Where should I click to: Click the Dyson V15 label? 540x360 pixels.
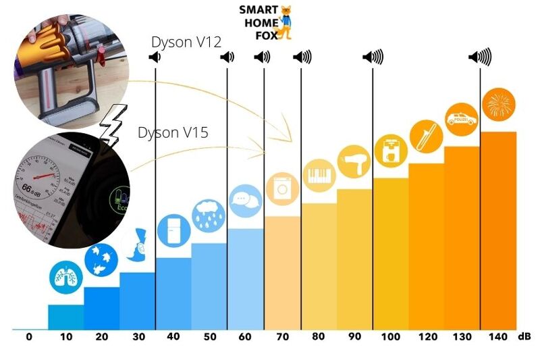(173, 132)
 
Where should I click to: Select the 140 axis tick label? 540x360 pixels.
(497, 336)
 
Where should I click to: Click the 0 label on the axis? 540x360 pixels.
(29, 336)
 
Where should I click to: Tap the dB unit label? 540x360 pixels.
(524, 336)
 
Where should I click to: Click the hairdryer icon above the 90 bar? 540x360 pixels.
(354, 162)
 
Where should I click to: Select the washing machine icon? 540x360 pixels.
(282, 189)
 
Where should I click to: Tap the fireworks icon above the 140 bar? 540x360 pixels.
(500, 105)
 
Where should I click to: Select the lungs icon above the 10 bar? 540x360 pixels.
(65, 276)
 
